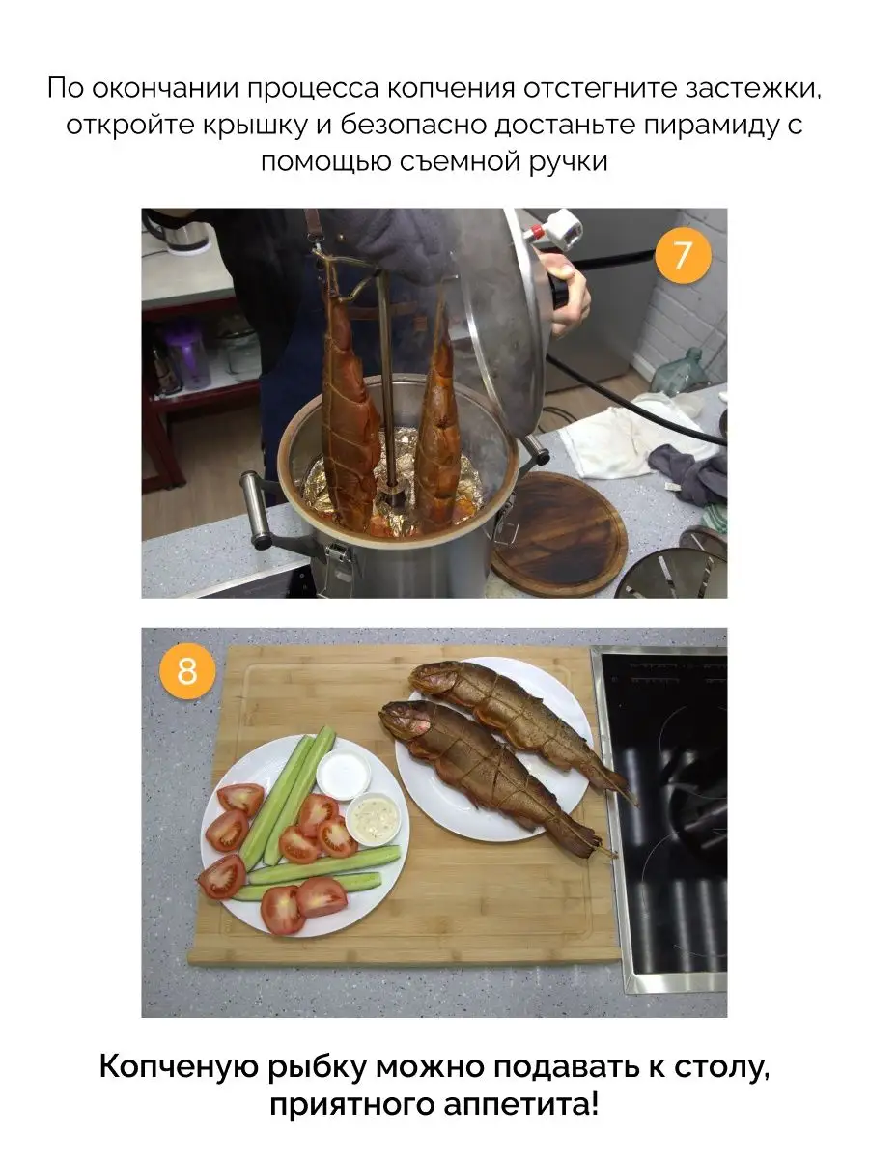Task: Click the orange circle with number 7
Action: (x=683, y=255)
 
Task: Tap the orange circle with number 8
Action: (x=187, y=671)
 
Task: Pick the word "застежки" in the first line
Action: (x=753, y=88)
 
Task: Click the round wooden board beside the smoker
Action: (x=560, y=532)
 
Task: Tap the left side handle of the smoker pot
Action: (x=257, y=510)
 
